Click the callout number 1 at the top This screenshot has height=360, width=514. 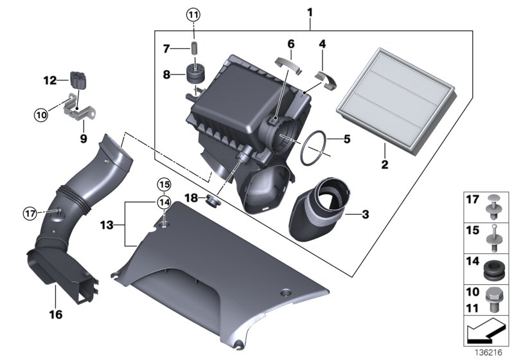pyautogui.click(x=310, y=12)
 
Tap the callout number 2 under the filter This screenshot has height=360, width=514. pyautogui.click(x=385, y=165)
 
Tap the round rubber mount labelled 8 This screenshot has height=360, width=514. pyautogui.click(x=194, y=74)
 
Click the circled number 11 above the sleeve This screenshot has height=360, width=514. pyautogui.click(x=194, y=13)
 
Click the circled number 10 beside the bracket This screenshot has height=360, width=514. pyautogui.click(x=42, y=114)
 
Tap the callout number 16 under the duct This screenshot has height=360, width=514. pyautogui.click(x=55, y=314)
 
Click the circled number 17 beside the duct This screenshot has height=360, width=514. pyautogui.click(x=28, y=212)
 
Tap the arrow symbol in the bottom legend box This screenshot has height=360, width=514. pyautogui.click(x=486, y=333)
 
